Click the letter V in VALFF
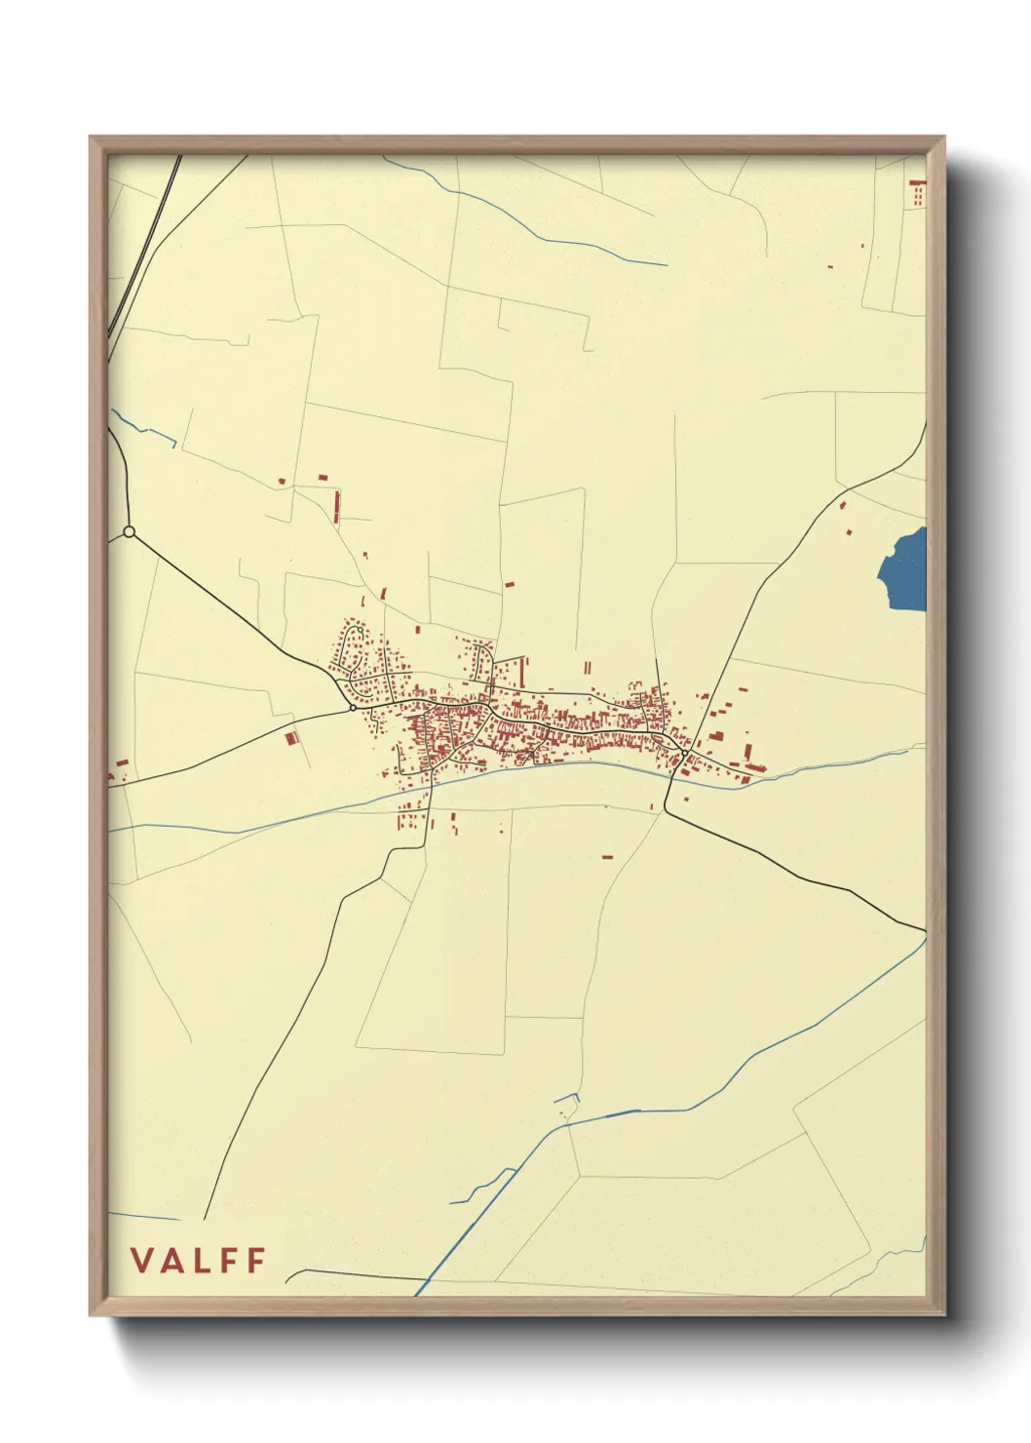(142, 1261)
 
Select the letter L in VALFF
(206, 1261)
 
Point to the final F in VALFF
(256, 1261)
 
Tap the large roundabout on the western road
(129, 531)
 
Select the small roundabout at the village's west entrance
(353, 709)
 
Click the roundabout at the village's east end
(686, 753)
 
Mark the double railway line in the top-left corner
(146, 244)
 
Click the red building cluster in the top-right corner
(916, 192)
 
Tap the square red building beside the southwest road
(290, 739)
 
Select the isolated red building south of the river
(607, 857)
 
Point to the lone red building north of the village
(509, 585)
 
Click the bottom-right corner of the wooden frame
(943, 1314)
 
